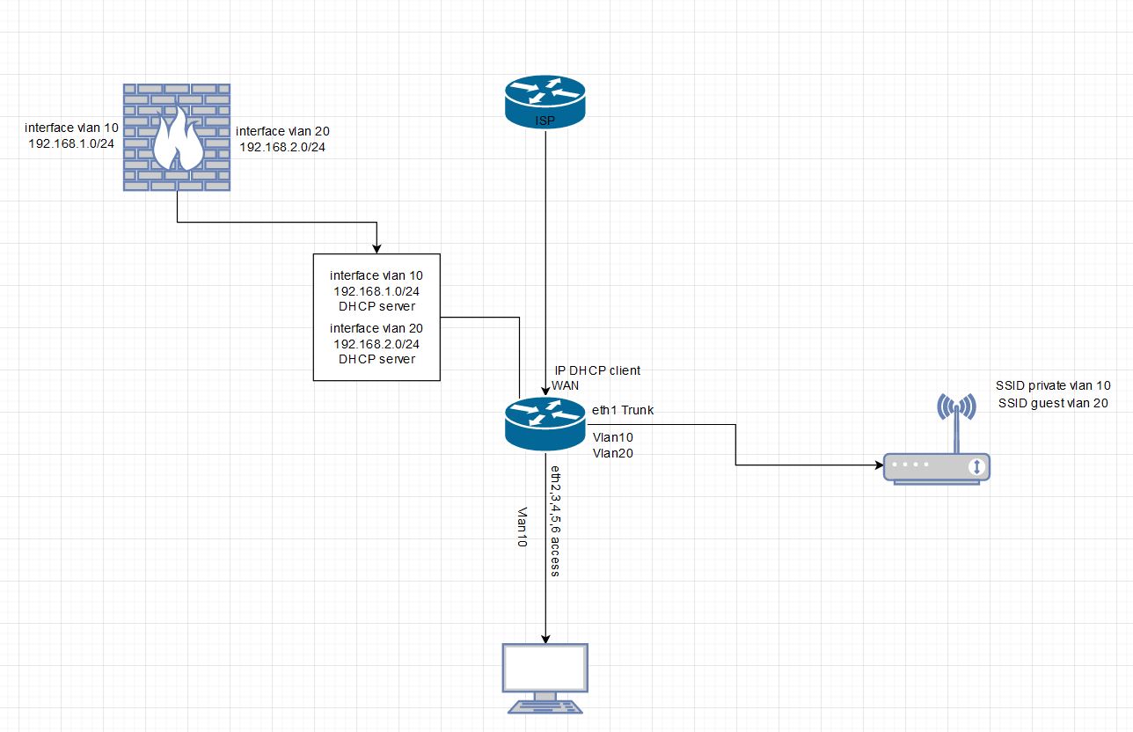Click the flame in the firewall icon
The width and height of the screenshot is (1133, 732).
pos(179,139)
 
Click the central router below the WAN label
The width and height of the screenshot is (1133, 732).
pos(545,422)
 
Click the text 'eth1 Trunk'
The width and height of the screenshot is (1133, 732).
pos(623,410)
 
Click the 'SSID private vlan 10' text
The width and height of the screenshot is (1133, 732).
pos(1052,385)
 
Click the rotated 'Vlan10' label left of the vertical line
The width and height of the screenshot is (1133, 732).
pos(522,528)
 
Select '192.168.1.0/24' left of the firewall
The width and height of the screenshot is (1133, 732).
pos(70,143)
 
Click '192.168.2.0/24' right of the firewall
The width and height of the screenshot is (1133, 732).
pos(282,147)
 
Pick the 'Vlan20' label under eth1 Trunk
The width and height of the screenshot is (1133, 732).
pos(613,453)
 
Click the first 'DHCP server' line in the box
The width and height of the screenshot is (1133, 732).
pos(376,306)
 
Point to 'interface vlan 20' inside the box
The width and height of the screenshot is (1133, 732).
pos(376,327)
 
